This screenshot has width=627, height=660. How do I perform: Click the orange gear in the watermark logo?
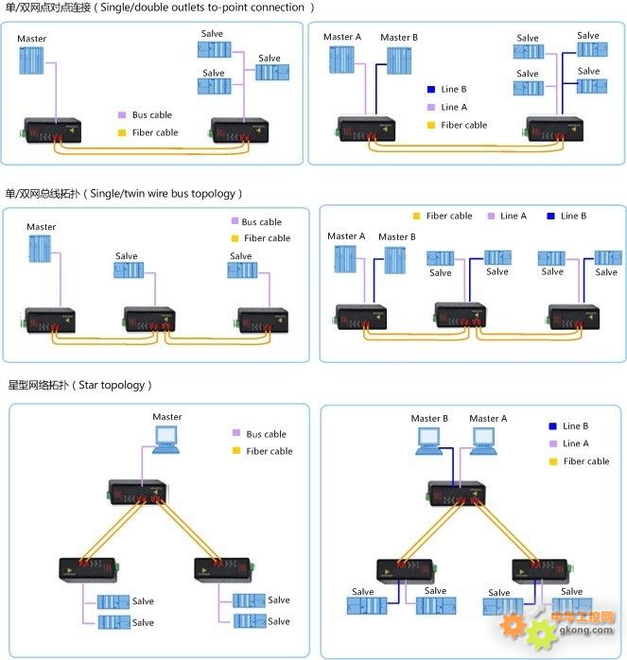click(x=513, y=628)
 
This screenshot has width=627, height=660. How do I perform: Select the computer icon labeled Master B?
click(x=427, y=440)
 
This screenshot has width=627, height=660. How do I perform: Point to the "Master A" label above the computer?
click(x=488, y=418)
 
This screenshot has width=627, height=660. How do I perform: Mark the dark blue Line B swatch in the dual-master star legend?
click(x=552, y=426)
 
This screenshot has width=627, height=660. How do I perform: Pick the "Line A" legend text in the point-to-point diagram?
click(x=454, y=108)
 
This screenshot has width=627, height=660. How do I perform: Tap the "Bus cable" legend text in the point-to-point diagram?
click(x=151, y=115)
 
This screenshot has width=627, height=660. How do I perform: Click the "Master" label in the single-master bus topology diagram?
click(x=41, y=227)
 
